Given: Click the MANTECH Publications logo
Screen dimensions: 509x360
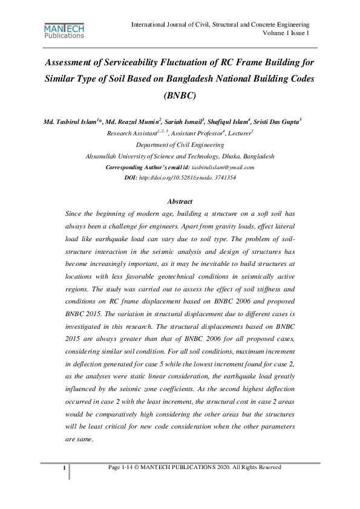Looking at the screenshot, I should coord(64,31).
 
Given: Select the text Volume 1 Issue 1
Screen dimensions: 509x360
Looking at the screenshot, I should coord(286,33).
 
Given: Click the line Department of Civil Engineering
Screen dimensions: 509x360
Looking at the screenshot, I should coord(180,144).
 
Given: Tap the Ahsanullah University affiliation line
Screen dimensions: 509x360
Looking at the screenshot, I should coord(180,155).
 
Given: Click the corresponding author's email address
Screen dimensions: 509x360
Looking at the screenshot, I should coord(223,167).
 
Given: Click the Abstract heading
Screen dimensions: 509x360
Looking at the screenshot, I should coord(180,201).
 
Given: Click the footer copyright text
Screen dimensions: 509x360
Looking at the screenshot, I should coord(194,467).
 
